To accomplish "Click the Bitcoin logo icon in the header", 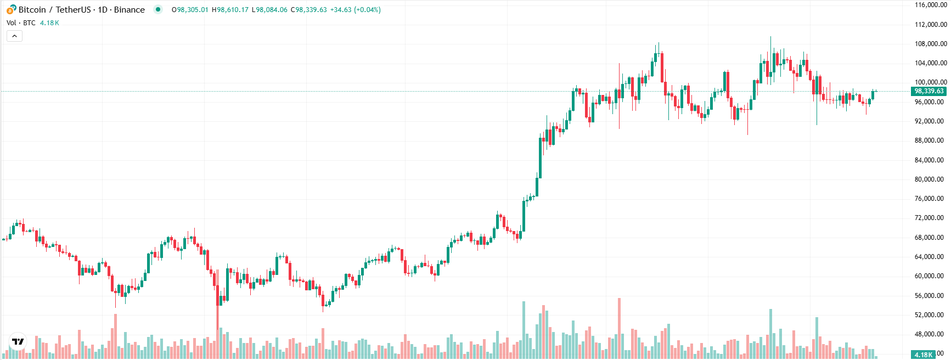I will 11,9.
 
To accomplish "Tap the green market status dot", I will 158,9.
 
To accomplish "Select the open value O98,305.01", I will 190,10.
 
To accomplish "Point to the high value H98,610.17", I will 230,10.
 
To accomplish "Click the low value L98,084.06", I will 269,10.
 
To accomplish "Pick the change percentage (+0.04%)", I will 367,10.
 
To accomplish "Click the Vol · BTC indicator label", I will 21,23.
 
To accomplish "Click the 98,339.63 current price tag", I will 929,91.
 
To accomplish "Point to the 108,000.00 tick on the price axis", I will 930,44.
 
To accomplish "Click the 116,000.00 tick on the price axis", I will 930,5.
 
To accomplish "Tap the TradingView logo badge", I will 18,341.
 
